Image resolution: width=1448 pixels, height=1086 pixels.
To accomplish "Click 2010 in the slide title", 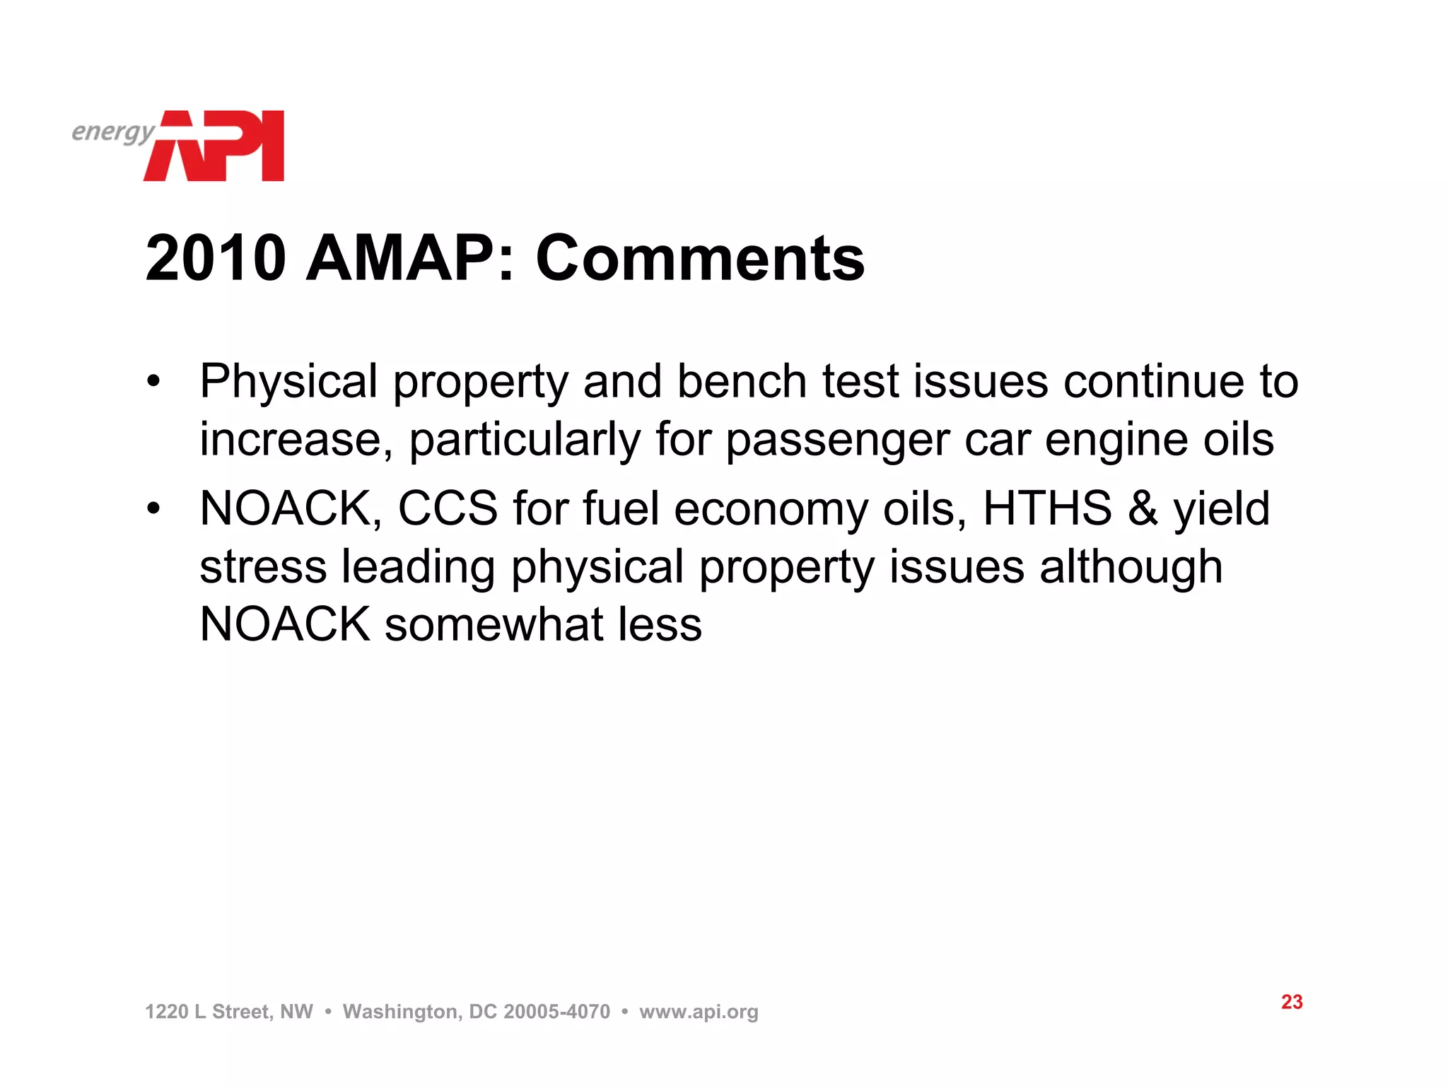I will pos(216,258).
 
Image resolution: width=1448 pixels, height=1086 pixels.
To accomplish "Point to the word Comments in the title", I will pos(700,258).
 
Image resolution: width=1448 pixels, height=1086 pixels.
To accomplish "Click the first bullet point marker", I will pos(153,383).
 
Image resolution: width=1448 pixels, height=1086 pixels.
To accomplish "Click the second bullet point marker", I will pos(153,509).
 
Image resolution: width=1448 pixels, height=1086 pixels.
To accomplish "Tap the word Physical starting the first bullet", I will pos(288,382).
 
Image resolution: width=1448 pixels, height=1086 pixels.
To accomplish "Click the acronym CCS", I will pos(448,508).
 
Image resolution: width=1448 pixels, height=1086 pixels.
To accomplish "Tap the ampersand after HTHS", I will pos(1143,508).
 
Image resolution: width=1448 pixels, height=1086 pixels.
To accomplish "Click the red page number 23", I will pos(1292,1002).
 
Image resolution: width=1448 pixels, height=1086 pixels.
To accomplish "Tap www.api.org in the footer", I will pos(699,1012).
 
